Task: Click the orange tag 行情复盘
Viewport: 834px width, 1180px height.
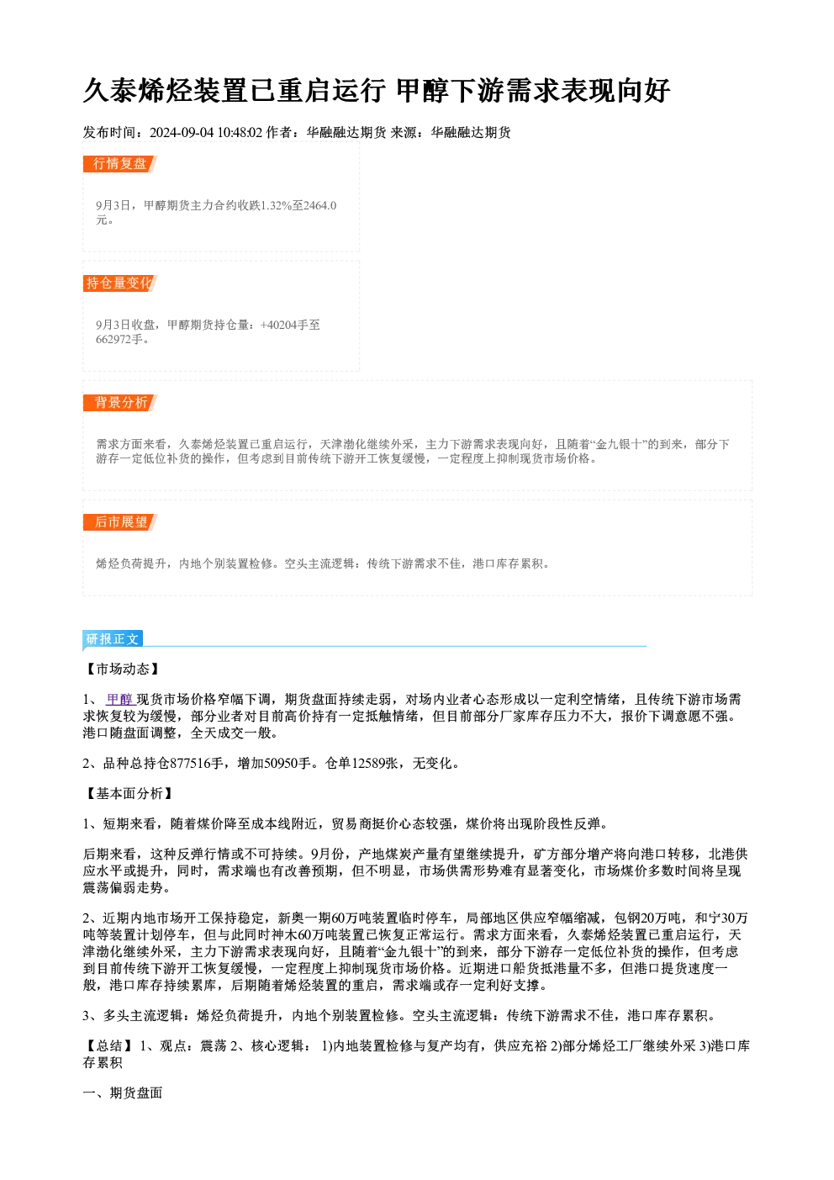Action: point(120,164)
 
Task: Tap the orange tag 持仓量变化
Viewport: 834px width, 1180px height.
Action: point(120,283)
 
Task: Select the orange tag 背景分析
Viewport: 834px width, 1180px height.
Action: point(120,403)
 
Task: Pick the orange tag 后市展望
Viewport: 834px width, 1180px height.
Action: point(120,522)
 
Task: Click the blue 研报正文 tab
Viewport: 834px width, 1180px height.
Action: point(113,639)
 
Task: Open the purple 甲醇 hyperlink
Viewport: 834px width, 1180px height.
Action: point(119,699)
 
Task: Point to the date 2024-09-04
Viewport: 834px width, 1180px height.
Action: point(182,132)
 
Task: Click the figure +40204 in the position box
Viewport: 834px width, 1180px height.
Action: point(278,325)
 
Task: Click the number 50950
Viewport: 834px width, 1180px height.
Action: point(281,764)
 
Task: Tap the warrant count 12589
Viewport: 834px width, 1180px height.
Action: point(368,764)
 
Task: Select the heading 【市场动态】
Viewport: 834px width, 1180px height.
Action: point(123,669)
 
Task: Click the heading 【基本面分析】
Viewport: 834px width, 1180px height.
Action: point(129,793)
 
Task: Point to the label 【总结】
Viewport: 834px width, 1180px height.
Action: point(109,1045)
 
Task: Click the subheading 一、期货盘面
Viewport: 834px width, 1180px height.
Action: point(123,1093)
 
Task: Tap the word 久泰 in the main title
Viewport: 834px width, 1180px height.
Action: point(110,91)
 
